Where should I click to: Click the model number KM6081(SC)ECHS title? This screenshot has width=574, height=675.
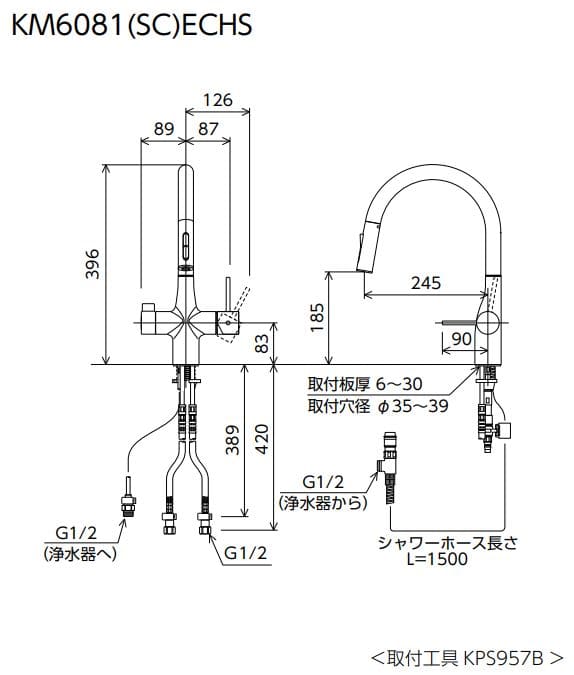(x=131, y=24)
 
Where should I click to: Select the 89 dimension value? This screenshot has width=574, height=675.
(x=165, y=129)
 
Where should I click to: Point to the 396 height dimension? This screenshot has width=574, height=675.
(x=92, y=262)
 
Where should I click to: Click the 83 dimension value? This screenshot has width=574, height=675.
(x=262, y=343)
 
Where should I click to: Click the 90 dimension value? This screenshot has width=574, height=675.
(x=461, y=339)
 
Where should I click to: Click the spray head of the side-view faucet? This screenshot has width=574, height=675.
(x=366, y=246)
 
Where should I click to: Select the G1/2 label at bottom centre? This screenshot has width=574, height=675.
(x=246, y=551)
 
